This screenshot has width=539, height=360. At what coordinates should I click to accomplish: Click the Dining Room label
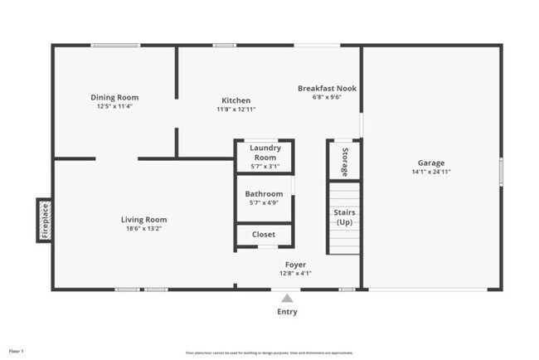[114, 97]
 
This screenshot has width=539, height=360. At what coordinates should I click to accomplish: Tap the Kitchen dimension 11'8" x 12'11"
[236, 109]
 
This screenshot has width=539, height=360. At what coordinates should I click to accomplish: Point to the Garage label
[430, 163]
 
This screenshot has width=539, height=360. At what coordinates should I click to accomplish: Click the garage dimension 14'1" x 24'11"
[430, 172]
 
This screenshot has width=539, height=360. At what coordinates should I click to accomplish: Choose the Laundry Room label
[265, 153]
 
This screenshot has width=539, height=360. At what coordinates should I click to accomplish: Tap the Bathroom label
[264, 194]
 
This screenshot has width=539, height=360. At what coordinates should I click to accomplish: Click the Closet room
[264, 235]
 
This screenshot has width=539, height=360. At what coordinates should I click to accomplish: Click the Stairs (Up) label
[344, 217]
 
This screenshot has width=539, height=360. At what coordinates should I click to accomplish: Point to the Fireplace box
[46, 220]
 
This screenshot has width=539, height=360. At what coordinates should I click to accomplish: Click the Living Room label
[145, 220]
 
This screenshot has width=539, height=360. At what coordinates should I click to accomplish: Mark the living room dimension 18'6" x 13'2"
[145, 229]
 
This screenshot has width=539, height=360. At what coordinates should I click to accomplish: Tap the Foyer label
[295, 265]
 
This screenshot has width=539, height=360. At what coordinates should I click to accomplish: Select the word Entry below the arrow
[287, 312]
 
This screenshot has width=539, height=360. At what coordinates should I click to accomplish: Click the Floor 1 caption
[17, 351]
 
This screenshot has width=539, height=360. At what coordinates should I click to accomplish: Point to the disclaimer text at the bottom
[269, 352]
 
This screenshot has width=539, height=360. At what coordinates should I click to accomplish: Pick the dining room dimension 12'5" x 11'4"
[114, 106]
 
